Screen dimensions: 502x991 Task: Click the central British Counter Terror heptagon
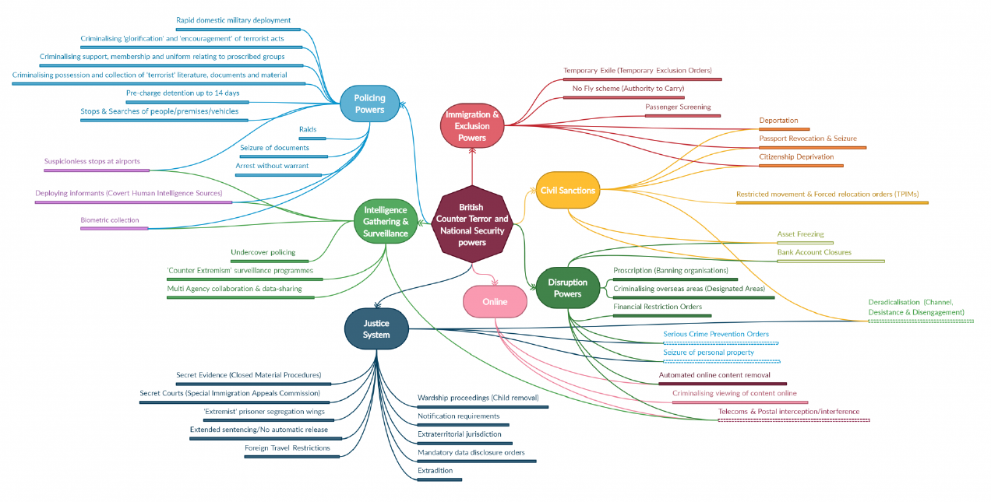click(471, 225)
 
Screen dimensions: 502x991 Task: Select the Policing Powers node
click(369, 104)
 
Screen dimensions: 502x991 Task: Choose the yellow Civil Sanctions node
click(568, 191)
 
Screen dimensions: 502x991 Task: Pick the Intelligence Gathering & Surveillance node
click(385, 222)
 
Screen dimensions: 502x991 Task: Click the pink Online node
click(494, 302)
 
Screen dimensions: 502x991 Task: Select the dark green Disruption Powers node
click(567, 288)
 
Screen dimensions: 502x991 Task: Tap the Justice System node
click(376, 329)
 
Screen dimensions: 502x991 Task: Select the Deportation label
click(778, 121)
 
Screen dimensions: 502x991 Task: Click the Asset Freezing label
click(800, 234)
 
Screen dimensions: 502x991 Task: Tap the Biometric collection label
click(110, 220)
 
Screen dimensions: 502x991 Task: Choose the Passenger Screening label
click(678, 107)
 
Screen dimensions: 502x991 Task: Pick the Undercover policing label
click(263, 252)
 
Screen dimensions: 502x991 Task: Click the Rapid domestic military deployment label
click(234, 20)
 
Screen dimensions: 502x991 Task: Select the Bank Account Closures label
click(814, 252)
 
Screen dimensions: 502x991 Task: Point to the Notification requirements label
click(458, 416)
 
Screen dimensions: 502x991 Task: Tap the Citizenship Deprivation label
click(796, 157)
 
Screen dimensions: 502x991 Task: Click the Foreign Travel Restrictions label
click(287, 448)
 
